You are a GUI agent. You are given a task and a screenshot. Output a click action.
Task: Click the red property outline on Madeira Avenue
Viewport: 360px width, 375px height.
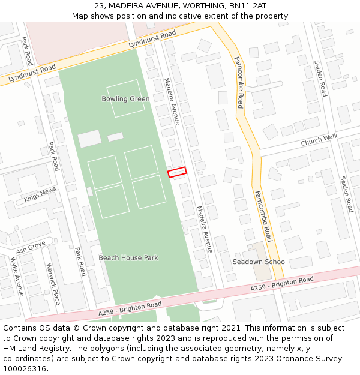click(x=177, y=172)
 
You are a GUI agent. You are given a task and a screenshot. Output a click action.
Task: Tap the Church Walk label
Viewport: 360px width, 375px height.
click(x=319, y=140)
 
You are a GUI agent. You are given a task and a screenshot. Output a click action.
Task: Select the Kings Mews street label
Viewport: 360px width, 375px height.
click(x=40, y=194)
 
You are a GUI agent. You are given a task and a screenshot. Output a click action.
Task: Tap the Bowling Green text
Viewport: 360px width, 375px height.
click(x=125, y=99)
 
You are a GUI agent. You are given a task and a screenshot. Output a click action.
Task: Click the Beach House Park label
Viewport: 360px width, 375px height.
click(x=128, y=258)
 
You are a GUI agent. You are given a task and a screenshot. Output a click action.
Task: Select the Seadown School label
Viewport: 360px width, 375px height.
click(x=260, y=262)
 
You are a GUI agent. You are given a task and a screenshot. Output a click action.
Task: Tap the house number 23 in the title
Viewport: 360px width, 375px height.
click(x=99, y=5)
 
